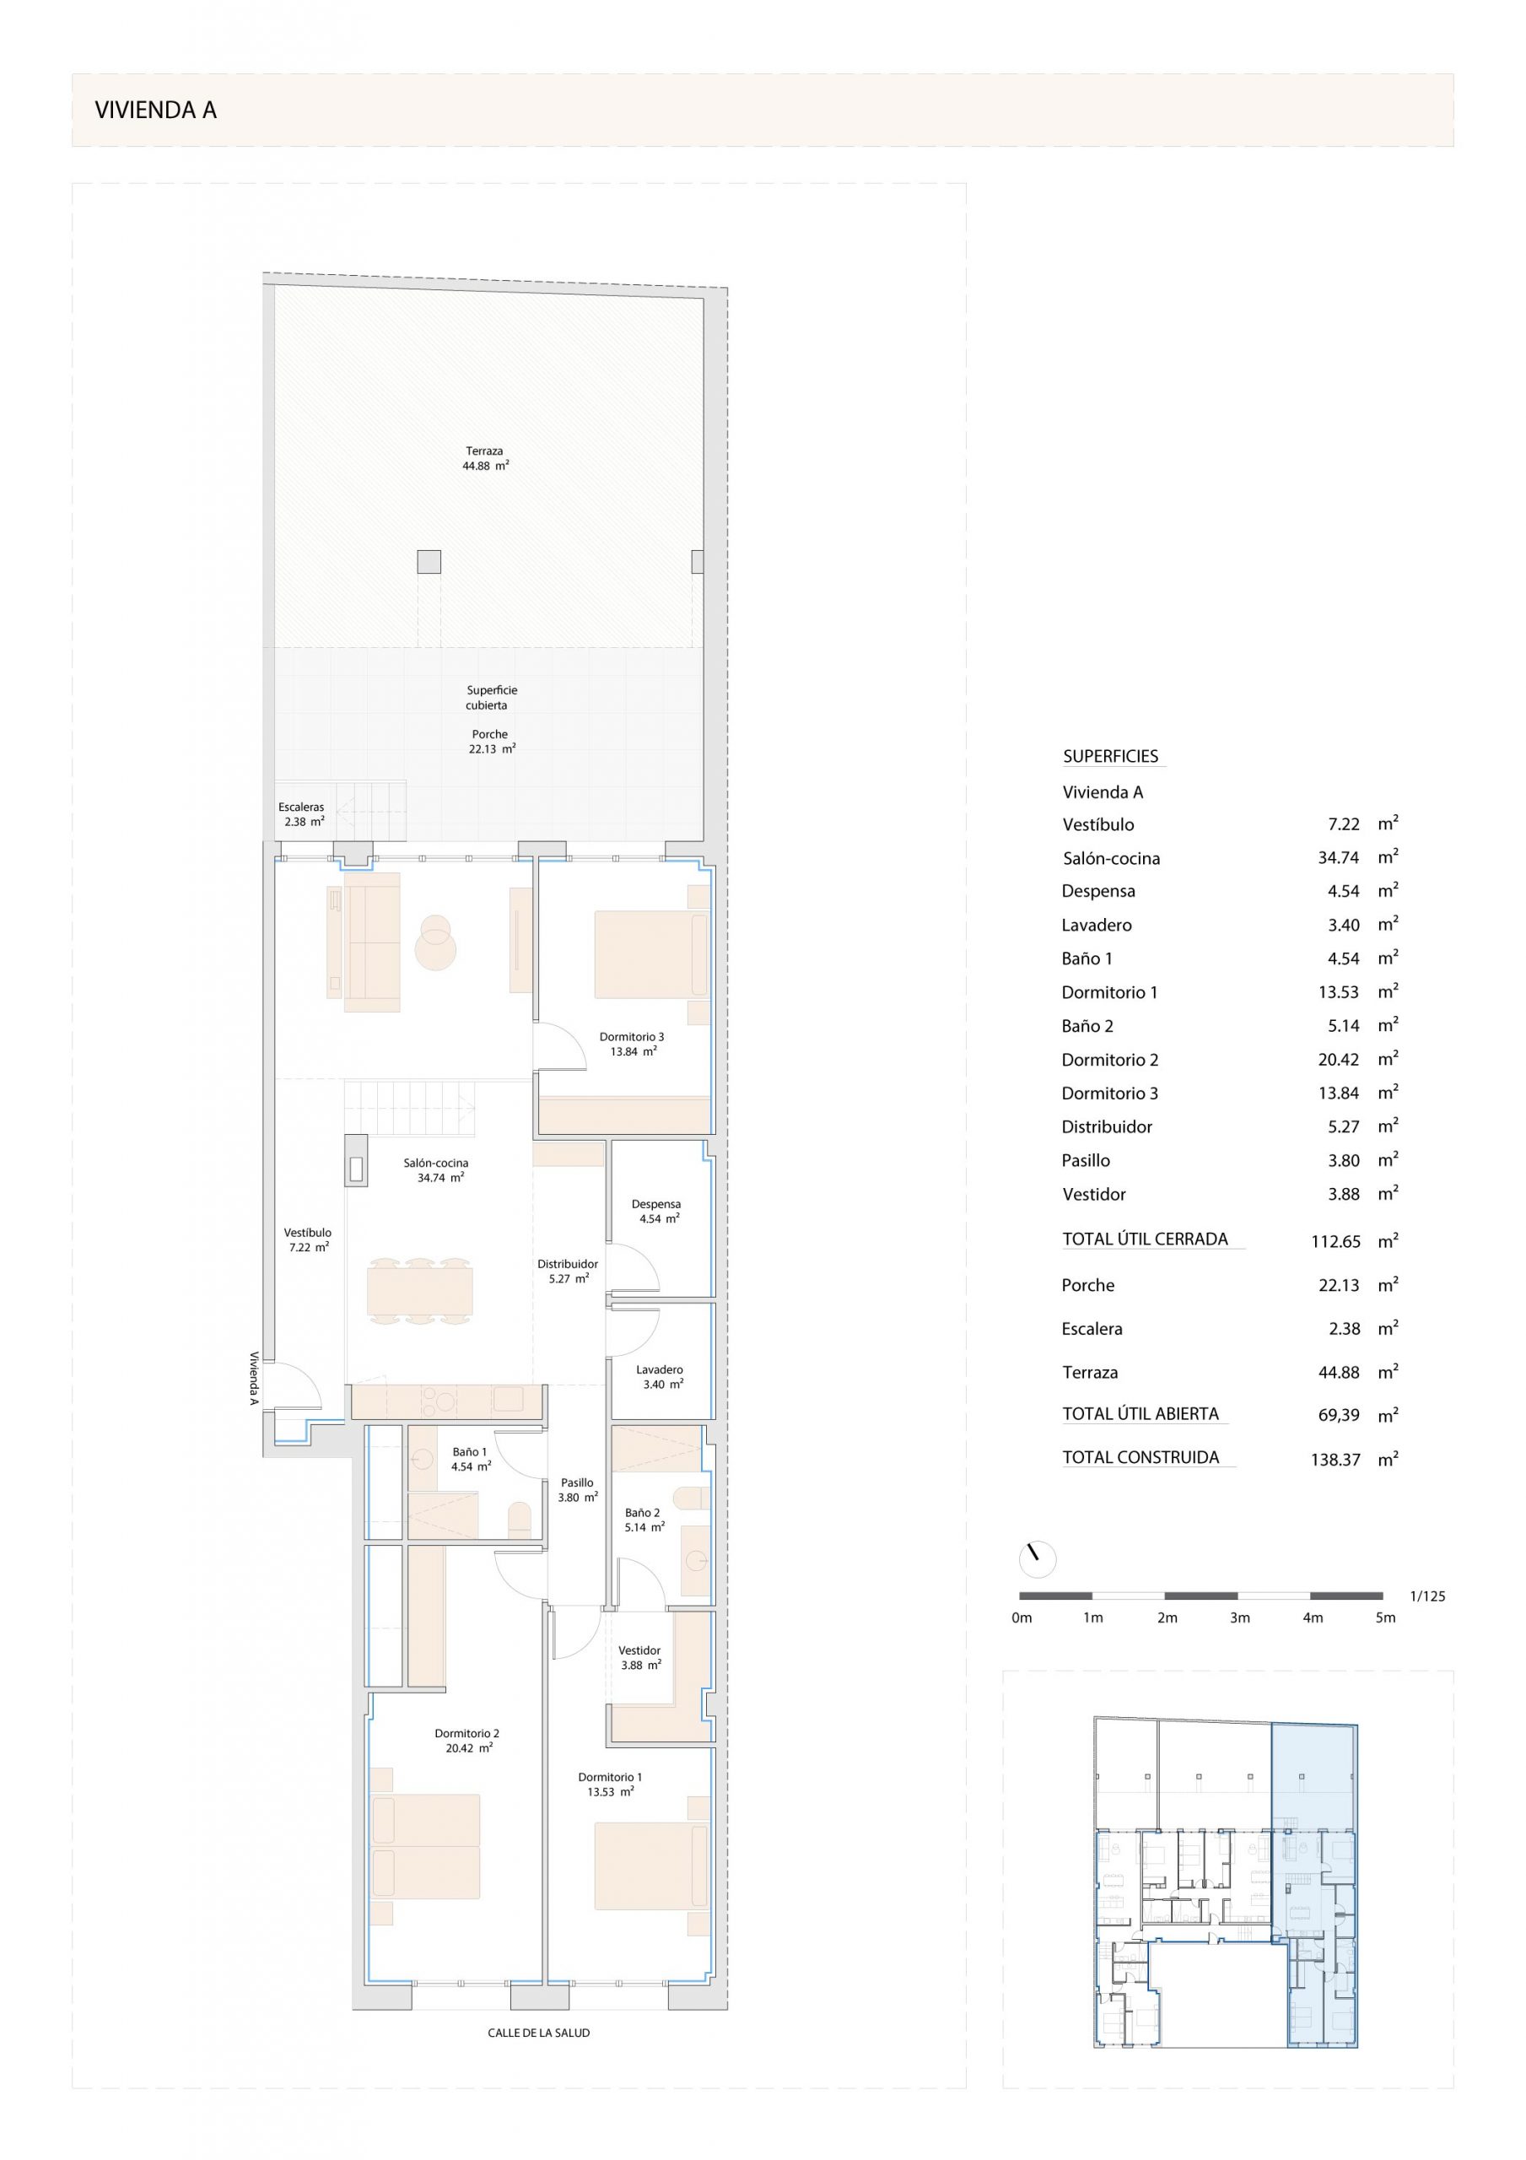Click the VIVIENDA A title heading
(155, 110)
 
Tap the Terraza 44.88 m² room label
(485, 458)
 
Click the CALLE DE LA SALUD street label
(539, 2032)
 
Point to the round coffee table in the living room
(435, 942)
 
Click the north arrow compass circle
(1038, 1560)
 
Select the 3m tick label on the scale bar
(1240, 1618)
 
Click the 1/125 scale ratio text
(1427, 1596)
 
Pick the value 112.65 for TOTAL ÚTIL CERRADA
(1336, 1242)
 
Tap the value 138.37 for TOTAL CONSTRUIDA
(1336, 1460)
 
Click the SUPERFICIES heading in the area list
(1111, 756)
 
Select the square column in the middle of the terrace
(429, 562)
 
